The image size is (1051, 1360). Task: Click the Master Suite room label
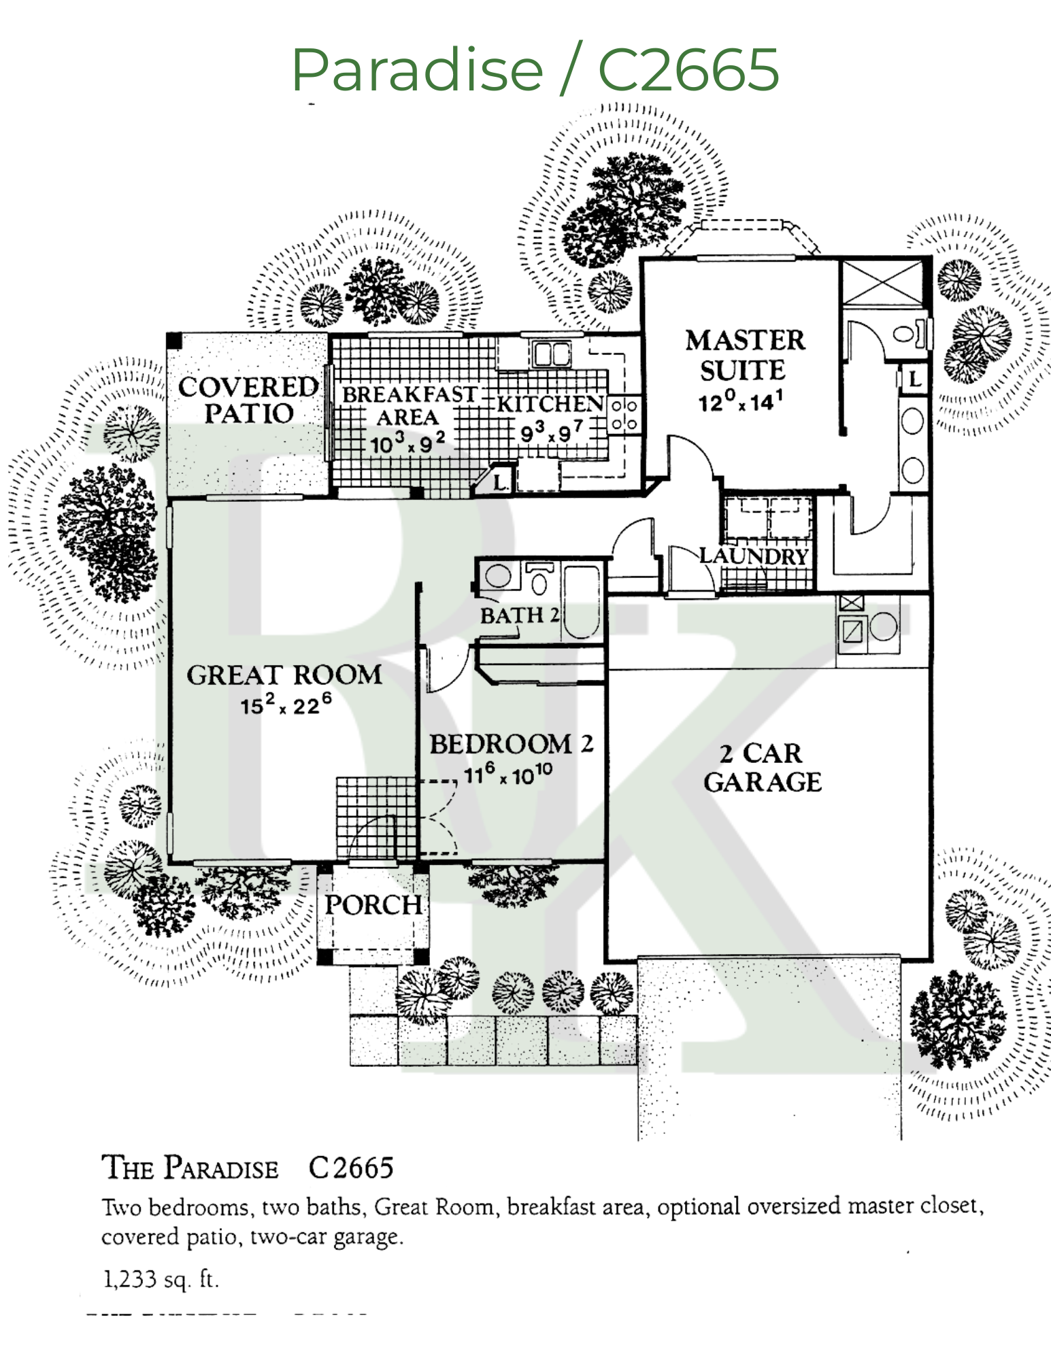(744, 355)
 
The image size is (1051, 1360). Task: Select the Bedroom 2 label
(511, 745)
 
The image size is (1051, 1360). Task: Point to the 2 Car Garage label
(763, 768)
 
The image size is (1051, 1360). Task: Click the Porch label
(373, 905)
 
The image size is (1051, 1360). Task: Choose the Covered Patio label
(248, 400)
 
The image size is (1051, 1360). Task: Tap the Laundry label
(754, 556)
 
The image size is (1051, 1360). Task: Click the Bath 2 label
(520, 615)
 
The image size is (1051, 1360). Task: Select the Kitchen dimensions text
(551, 432)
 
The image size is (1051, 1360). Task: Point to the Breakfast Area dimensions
(407, 444)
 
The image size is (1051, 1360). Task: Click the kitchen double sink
(552, 354)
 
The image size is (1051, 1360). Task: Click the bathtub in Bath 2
(582, 602)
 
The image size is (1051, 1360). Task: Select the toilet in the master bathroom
(908, 334)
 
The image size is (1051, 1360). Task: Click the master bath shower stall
(882, 283)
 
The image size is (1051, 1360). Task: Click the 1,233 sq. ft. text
(161, 1280)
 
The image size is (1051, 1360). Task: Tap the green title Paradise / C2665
(535, 69)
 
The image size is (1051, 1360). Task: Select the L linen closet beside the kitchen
(501, 482)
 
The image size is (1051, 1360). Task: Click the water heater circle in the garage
(884, 626)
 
